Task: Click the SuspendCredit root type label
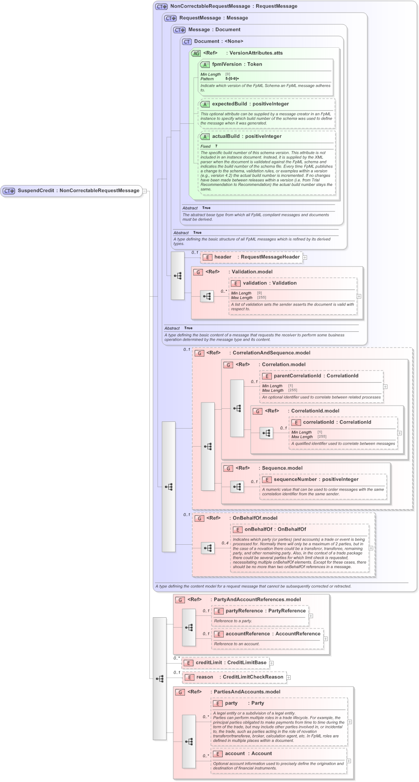pos(36,190)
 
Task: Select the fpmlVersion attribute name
pos(226,64)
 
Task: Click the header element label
pos(223,257)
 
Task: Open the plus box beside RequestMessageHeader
pos(305,258)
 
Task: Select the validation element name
pos(255,283)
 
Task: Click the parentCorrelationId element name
pos(297,376)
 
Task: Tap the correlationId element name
pos(318,422)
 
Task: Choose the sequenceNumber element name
pos(295,479)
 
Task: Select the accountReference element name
pos(248,634)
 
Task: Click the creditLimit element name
pos(209,663)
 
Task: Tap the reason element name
pos(205,677)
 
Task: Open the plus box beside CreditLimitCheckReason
pos(288,678)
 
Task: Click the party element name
pos(231,703)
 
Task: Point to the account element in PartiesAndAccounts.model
pos(235,754)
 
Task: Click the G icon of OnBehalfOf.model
pos(199,518)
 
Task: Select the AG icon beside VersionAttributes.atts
pos(196,53)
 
